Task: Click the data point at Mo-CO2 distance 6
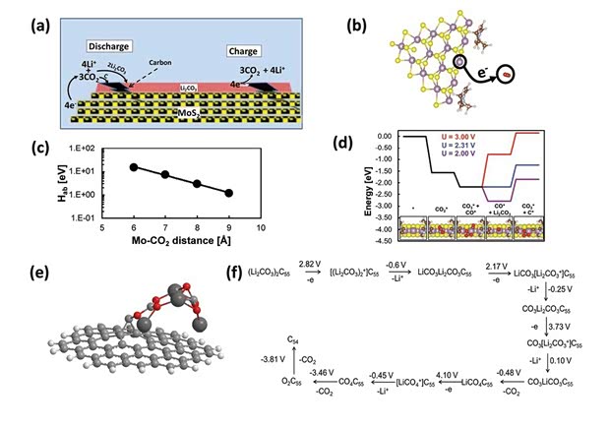click(133, 167)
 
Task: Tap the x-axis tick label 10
click(259, 224)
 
